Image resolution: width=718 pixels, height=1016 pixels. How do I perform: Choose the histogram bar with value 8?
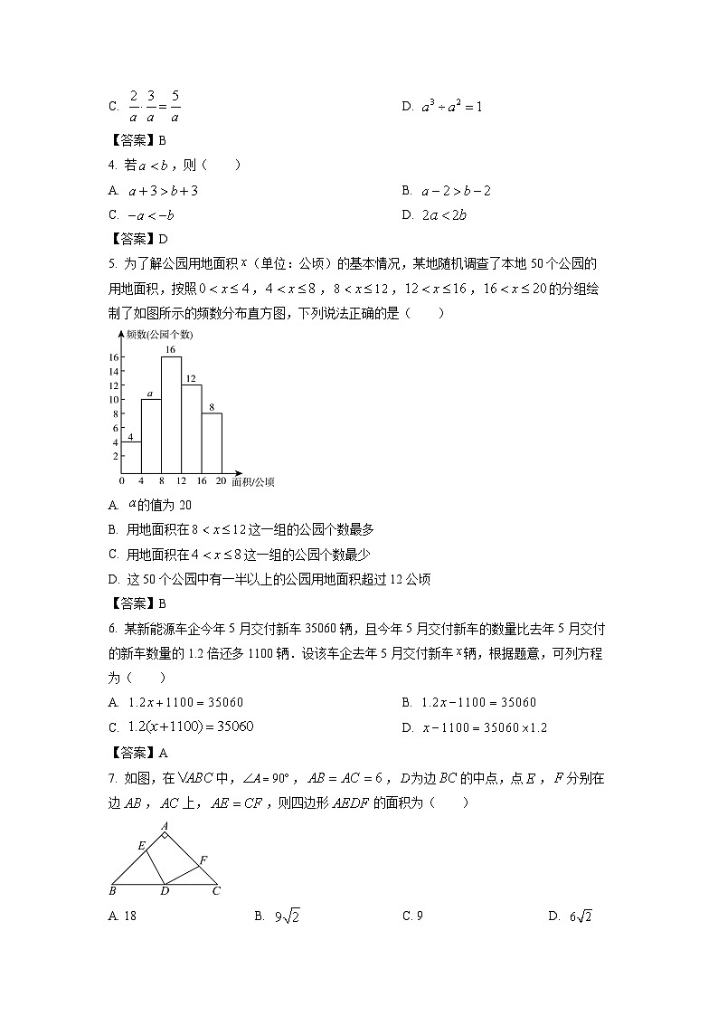click(212, 442)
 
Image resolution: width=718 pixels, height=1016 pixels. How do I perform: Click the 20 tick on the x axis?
click(221, 481)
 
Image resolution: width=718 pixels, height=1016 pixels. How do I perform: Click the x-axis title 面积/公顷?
click(252, 482)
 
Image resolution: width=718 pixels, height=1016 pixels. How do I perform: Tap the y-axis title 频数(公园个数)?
click(160, 334)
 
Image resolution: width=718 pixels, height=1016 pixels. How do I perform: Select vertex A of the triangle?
click(165, 826)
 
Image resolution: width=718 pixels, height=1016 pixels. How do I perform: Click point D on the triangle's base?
click(165, 891)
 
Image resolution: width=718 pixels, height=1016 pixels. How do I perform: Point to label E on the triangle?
click(141, 846)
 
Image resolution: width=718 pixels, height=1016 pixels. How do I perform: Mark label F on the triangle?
click(203, 859)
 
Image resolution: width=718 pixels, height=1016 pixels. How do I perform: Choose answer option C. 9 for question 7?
click(412, 916)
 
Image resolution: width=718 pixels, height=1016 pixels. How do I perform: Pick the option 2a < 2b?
click(444, 215)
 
